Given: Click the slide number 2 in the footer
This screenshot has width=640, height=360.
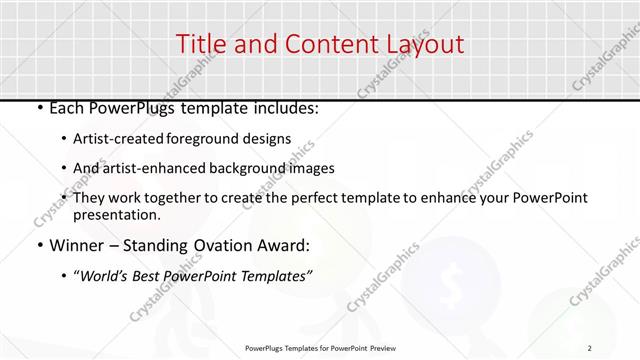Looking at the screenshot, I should (590, 347).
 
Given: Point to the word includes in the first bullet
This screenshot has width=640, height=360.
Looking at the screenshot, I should (285, 108).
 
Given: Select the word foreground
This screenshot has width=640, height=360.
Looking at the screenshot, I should (206, 138).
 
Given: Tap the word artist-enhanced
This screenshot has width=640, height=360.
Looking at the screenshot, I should (156, 168).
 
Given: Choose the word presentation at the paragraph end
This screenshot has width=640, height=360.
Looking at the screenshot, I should (117, 214).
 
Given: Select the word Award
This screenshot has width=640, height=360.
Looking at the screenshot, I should (285, 246).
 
